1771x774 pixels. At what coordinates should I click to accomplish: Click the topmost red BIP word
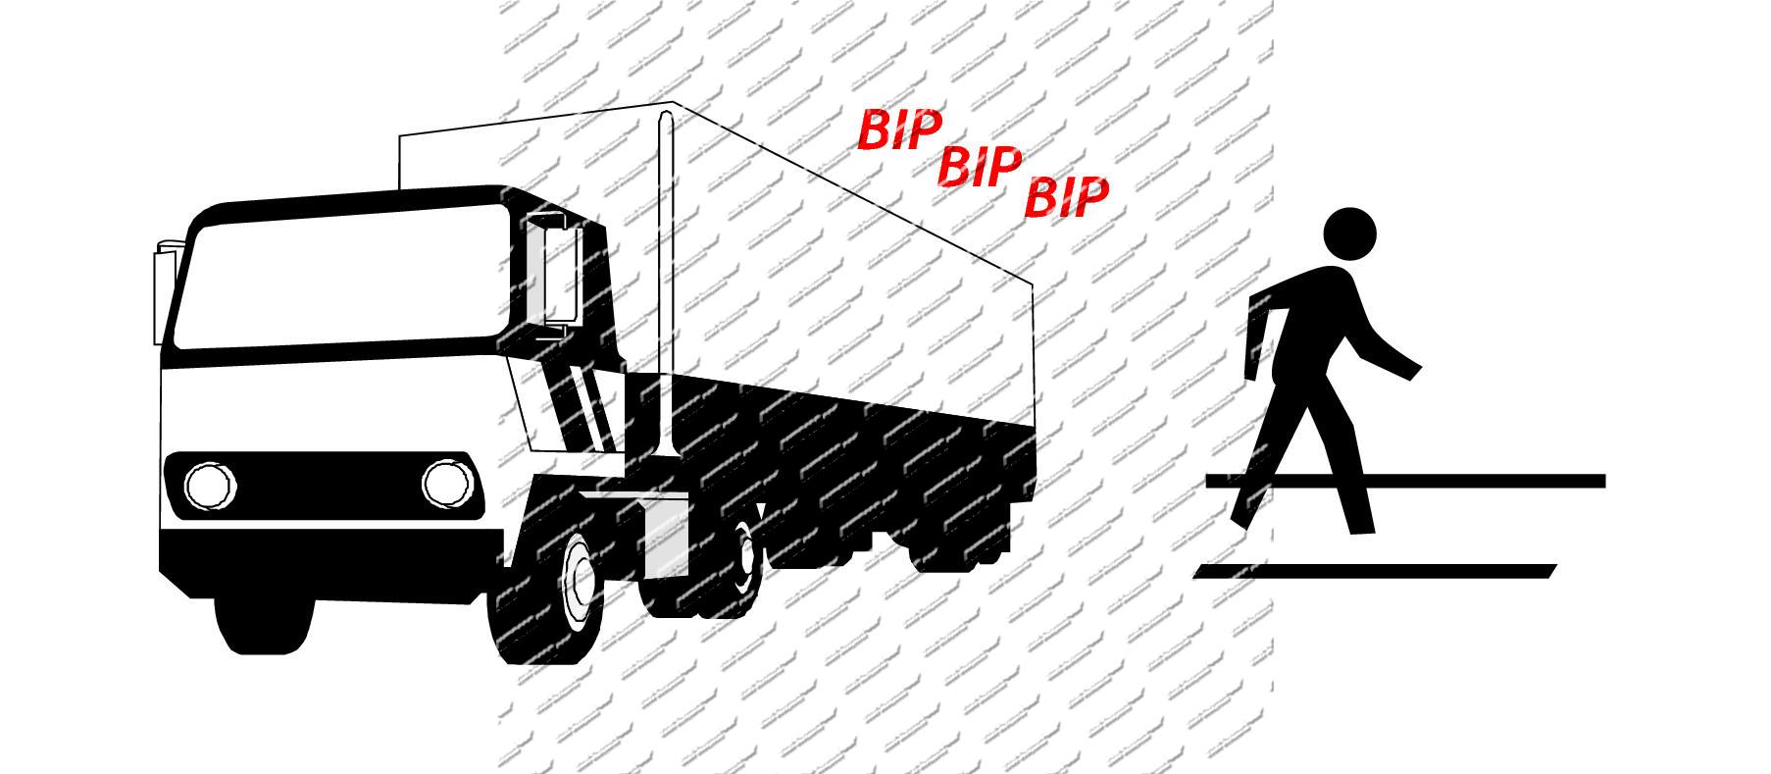pos(899,129)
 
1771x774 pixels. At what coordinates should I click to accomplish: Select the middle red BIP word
pos(980,167)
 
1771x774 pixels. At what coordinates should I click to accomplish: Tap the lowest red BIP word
pos(1066,198)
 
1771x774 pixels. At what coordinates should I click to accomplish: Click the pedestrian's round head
pos(1350,234)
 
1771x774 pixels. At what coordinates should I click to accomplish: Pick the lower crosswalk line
pos(1373,571)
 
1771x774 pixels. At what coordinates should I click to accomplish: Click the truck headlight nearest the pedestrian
pos(448,483)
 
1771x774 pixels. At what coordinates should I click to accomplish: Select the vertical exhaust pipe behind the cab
pos(667,284)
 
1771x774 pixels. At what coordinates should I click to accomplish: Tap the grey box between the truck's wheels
pos(665,540)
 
